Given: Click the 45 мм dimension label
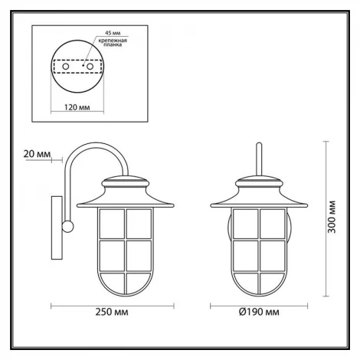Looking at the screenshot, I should coord(112,34).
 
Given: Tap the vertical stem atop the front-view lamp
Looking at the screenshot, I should coord(260,159).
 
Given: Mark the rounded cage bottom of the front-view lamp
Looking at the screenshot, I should coord(260,290).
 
